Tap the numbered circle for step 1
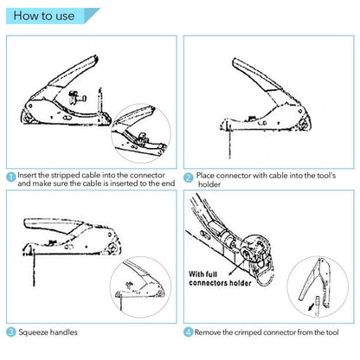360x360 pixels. pos(10,176)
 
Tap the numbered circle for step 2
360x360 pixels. pos(189,176)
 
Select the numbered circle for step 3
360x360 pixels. pos(10,331)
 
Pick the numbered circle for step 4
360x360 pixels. pos(189,331)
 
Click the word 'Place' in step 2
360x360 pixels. pos(206,175)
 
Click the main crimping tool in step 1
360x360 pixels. pos(69,95)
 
